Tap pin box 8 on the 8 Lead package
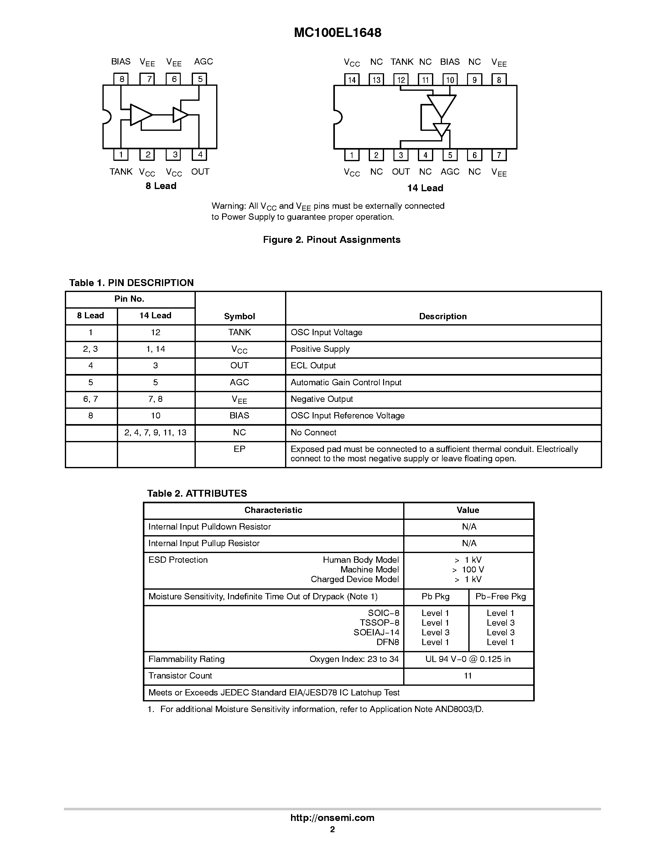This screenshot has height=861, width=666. [122, 79]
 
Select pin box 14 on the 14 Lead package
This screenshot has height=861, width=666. [351, 79]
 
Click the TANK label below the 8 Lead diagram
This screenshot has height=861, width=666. [121, 172]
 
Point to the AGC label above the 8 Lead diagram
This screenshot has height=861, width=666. [203, 61]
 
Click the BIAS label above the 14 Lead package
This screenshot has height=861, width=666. [450, 62]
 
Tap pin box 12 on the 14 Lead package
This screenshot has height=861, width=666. [401, 79]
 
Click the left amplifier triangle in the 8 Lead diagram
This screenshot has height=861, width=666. [140, 115]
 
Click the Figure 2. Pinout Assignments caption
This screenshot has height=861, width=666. [331, 240]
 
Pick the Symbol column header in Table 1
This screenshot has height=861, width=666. [240, 316]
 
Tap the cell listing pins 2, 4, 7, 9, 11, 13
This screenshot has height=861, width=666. [155, 433]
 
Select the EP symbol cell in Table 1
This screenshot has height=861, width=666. [240, 449]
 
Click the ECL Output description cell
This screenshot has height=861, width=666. [313, 366]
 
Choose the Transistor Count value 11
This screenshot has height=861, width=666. [468, 676]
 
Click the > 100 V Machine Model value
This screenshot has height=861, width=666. [468, 569]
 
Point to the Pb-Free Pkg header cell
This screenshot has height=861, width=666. [501, 597]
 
